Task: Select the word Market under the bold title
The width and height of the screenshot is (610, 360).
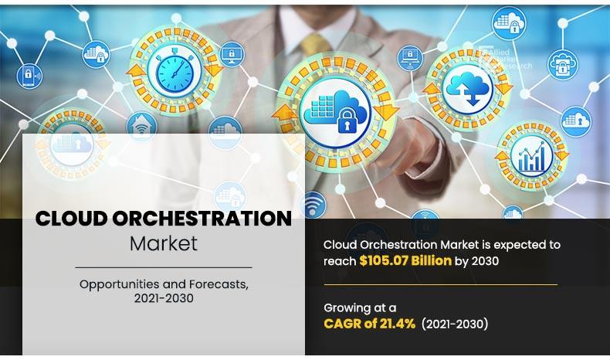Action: pos(163,243)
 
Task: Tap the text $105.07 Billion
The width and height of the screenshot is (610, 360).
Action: pos(405,261)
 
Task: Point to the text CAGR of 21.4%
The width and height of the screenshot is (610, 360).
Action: pos(371,324)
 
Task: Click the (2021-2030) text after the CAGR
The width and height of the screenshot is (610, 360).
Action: pos(456,324)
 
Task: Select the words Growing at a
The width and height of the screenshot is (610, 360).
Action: pos(361,308)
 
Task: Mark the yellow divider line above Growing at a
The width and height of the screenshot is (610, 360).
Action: pos(440,285)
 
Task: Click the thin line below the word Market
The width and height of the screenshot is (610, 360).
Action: pos(163,267)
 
